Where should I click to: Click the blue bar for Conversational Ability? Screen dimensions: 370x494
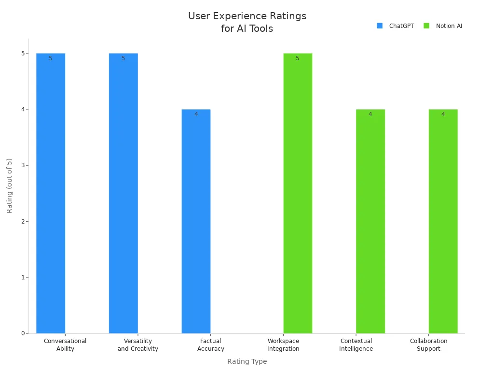(x=51, y=193)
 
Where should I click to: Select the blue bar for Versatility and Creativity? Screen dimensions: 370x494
(x=123, y=193)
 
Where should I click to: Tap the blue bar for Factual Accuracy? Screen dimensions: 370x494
(x=196, y=221)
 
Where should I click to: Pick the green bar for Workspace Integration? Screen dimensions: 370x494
(x=298, y=193)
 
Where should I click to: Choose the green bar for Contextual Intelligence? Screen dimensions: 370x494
(x=370, y=221)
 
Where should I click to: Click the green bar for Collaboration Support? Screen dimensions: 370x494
(x=443, y=221)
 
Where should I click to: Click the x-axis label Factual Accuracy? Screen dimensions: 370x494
(x=210, y=345)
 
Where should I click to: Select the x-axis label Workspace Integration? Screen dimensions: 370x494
(x=283, y=345)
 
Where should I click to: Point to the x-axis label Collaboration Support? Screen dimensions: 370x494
(x=428, y=345)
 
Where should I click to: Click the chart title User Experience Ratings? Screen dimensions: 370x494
(x=247, y=22)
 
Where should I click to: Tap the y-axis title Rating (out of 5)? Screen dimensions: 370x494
(x=10, y=185)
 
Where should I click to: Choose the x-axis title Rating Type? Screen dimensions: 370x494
(x=247, y=361)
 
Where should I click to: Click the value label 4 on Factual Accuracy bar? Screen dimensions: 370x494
(x=196, y=114)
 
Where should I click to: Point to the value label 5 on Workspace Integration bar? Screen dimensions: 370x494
(x=297, y=58)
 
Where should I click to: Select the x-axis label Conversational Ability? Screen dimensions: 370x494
(x=65, y=345)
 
